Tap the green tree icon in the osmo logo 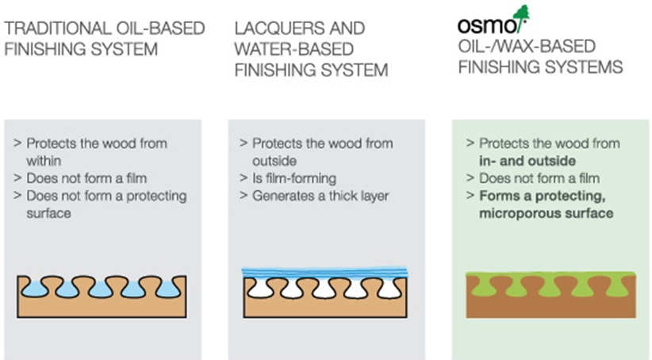[522, 17]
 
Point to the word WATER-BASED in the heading [294, 49]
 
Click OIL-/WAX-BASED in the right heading [527, 46]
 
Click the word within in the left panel [44, 161]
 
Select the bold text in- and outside [527, 161]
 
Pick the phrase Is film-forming [294, 178]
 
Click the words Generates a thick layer [320, 196]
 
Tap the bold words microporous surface [546, 213]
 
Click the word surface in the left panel [48, 213]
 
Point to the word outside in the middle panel [274, 161]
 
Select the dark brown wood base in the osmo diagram [551, 307]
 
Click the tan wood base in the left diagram [102, 308]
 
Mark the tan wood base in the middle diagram [325, 308]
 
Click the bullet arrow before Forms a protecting [470, 195]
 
